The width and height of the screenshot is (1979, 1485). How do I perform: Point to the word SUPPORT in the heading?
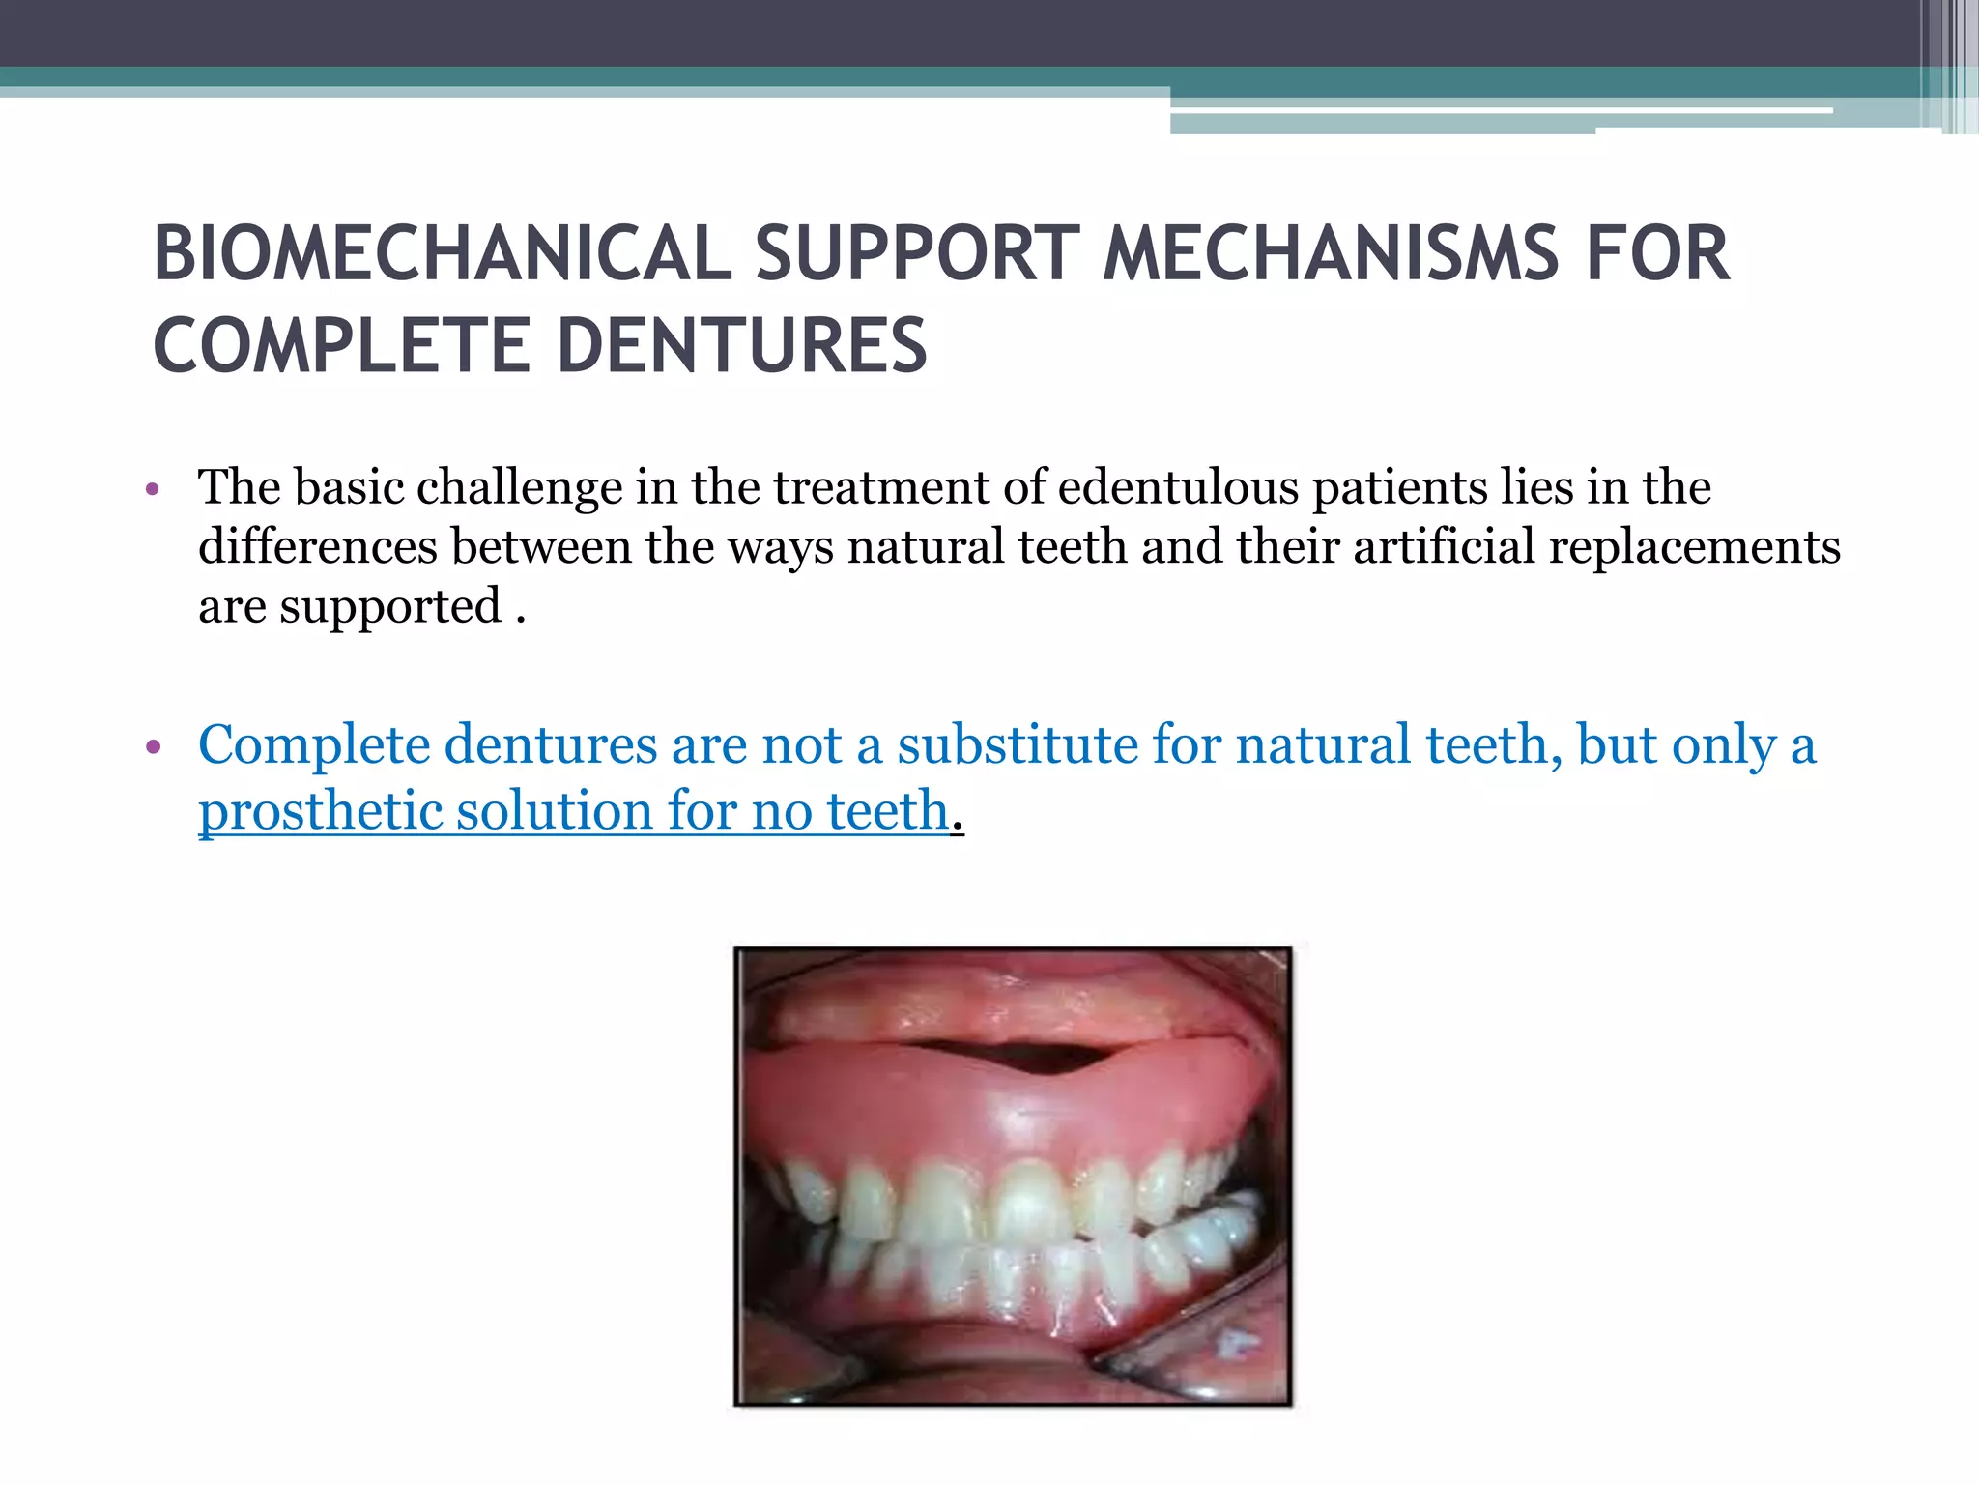(x=916, y=253)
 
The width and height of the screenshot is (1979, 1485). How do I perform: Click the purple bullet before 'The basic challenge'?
(x=152, y=489)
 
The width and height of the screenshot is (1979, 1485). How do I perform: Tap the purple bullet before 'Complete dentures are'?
(x=152, y=747)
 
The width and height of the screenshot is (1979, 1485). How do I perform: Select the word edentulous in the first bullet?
(x=1178, y=486)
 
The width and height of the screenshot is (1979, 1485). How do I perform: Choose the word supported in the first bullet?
(x=390, y=608)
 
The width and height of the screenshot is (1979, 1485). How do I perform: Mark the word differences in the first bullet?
(x=317, y=546)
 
